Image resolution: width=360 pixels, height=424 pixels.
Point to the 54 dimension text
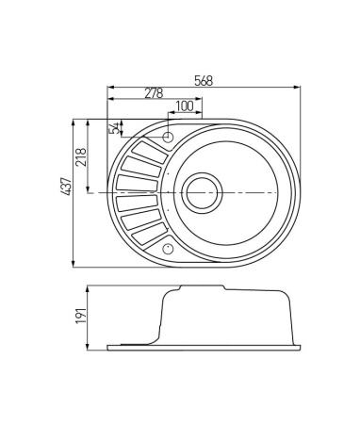[115, 128]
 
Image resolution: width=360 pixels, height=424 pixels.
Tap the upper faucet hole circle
[169, 138]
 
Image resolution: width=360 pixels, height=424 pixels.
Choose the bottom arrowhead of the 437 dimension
[74, 265]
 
